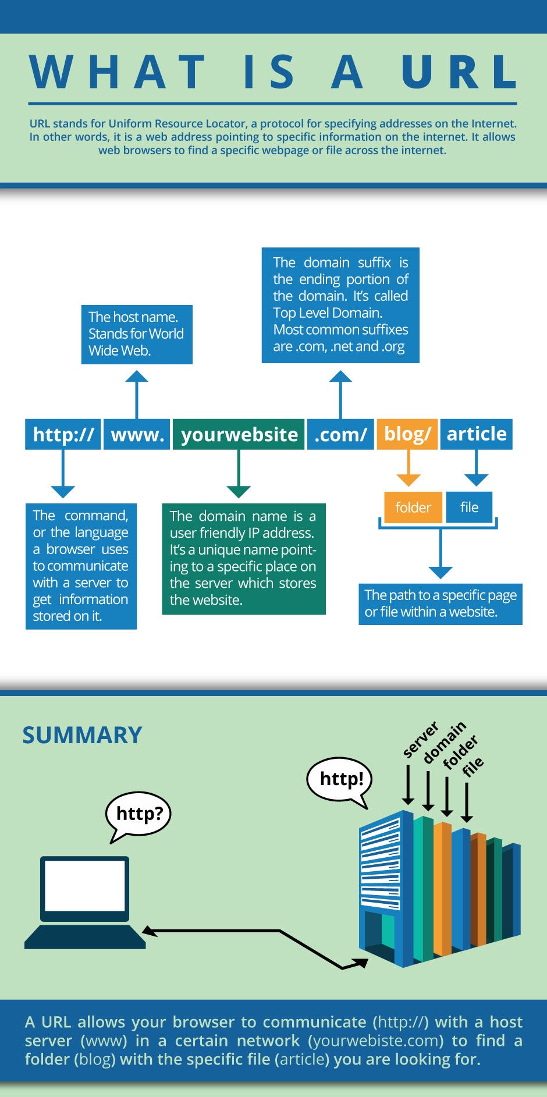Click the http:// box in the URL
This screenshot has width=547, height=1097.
[x=63, y=434]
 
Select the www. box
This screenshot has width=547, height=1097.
[x=137, y=434]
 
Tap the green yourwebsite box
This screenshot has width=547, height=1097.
[x=239, y=434]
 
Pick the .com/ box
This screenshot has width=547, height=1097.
[x=340, y=434]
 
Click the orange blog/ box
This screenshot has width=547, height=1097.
[x=407, y=434]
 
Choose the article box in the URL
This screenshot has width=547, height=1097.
[x=476, y=434]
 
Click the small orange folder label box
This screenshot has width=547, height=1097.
[x=413, y=507]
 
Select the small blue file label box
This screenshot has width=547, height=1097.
[x=469, y=507]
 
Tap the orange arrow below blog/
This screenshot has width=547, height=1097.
[x=408, y=468]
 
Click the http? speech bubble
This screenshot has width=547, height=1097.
[x=138, y=813]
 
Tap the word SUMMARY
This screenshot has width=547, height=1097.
[x=82, y=735]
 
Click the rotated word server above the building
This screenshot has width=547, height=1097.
[x=420, y=740]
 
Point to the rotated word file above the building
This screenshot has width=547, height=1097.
[x=473, y=766]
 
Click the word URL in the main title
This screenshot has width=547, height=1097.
[x=459, y=72]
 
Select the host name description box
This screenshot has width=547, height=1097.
[x=136, y=334]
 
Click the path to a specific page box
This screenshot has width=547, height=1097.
[x=440, y=603]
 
